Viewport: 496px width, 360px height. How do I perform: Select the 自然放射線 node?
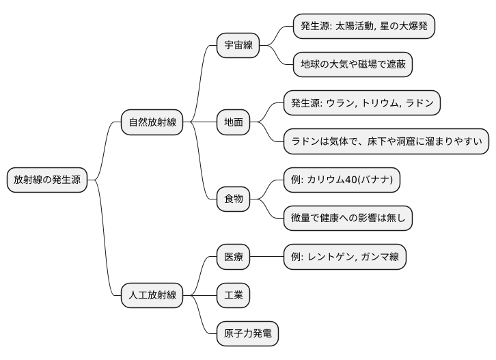(x=152, y=122)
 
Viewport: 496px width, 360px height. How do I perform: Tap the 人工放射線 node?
(x=152, y=295)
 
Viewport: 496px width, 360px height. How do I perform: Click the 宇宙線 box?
(x=238, y=46)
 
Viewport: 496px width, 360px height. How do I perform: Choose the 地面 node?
(x=233, y=122)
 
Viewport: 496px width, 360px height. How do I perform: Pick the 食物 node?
(x=233, y=199)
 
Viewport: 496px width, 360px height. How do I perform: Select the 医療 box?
(x=233, y=257)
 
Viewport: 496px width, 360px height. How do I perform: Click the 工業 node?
(x=233, y=295)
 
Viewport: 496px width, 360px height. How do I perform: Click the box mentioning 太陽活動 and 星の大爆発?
(x=364, y=27)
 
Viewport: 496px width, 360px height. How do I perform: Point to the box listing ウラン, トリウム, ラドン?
(x=362, y=103)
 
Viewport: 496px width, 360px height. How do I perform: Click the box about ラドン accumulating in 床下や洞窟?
(x=387, y=141)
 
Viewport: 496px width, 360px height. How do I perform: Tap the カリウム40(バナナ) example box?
(x=342, y=180)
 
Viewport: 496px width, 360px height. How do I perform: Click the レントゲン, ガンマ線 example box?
(x=345, y=257)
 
